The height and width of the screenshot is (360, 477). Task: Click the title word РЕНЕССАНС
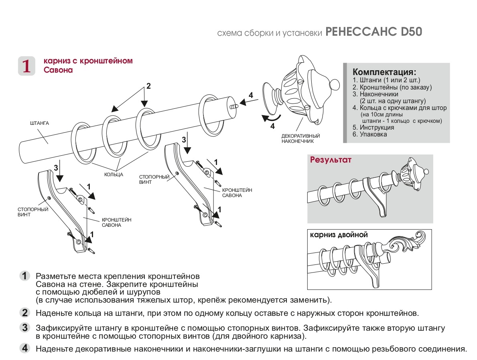[x=362, y=32]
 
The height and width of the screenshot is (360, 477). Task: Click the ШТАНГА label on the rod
[x=39, y=123]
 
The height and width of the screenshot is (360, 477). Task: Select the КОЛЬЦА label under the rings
[x=114, y=175]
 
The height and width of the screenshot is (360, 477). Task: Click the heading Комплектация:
[x=384, y=72]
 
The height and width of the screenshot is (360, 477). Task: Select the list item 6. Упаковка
[x=370, y=134]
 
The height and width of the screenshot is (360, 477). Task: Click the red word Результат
[x=331, y=160]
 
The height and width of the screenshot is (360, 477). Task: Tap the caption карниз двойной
[x=339, y=235]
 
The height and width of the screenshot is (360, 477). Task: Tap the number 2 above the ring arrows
[x=148, y=86]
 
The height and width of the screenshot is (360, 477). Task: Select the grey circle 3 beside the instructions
[x=25, y=328]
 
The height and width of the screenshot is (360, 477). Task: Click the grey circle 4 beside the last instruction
[x=25, y=348]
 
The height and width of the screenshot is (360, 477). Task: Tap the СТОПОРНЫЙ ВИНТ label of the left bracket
[x=27, y=212]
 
